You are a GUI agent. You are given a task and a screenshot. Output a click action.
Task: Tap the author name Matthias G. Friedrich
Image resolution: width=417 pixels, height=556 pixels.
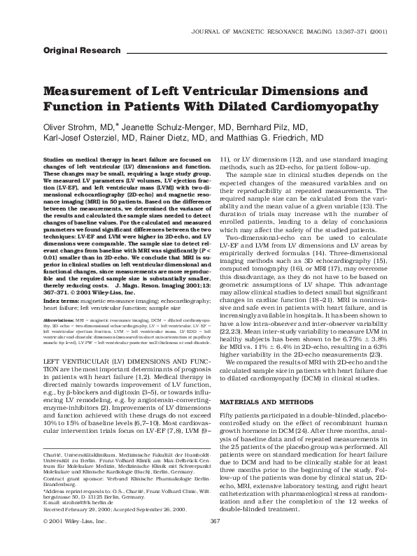click(x=283, y=138)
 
